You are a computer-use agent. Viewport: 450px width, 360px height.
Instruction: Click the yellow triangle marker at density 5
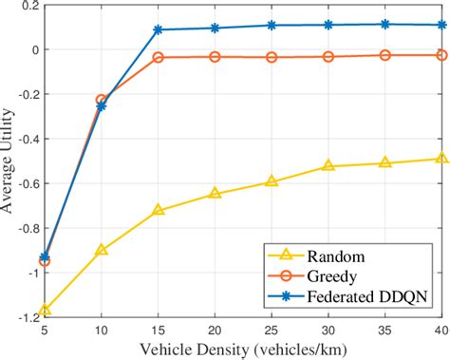pos(45,310)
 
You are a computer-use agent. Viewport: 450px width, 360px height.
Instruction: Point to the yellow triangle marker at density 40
pos(441,159)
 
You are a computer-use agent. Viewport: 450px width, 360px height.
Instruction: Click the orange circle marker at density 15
pos(159,58)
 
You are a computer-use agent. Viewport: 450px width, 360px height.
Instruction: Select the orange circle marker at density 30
pos(328,57)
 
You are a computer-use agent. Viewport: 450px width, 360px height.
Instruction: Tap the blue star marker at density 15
pos(159,29)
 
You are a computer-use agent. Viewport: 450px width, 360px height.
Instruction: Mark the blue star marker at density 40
pos(441,25)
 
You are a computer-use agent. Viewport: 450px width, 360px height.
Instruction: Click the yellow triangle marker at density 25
pos(272,180)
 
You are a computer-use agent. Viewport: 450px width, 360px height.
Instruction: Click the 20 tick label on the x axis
pos(215,329)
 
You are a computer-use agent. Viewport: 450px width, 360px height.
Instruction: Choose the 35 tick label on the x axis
pos(384,329)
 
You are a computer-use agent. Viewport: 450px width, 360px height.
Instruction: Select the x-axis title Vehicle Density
pos(243,349)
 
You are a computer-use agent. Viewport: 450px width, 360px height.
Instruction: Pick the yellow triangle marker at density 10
pos(102,250)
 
